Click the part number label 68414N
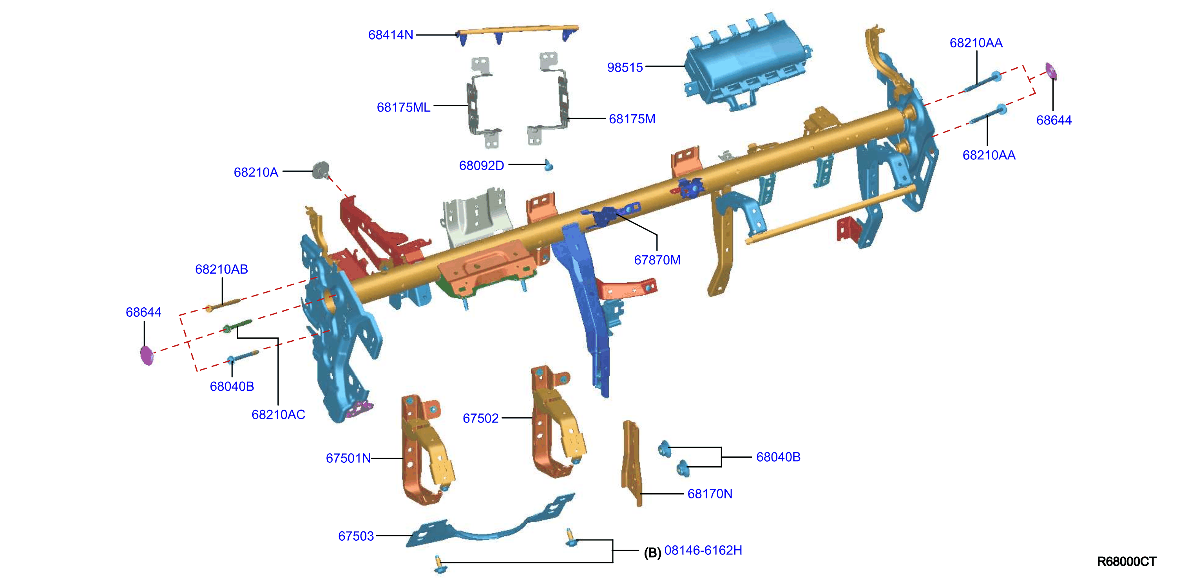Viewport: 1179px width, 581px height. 390,35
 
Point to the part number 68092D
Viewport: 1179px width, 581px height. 482,165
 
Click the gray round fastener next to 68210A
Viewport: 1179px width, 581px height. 321,170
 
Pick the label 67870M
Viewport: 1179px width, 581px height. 657,260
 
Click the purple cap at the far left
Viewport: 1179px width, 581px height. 147,355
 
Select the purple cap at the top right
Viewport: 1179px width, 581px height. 1051,71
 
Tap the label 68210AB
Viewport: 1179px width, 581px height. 221,269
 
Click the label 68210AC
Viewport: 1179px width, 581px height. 278,415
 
